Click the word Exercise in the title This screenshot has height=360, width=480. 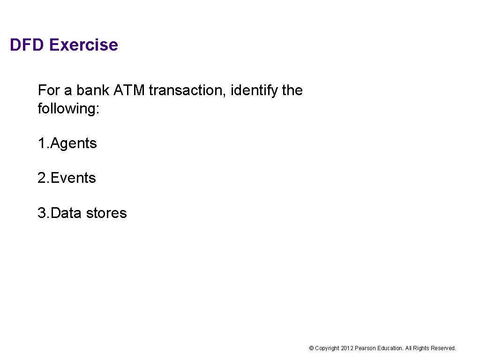coord(83,45)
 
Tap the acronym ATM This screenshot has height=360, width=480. coord(129,90)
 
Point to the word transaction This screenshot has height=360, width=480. coord(187,90)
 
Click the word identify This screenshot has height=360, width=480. coord(255,90)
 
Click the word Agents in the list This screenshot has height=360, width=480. coord(74,143)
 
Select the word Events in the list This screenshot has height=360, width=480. coord(73,178)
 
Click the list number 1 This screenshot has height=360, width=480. coord(42,143)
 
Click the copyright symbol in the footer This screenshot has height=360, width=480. coord(311,348)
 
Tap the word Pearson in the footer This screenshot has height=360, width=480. coord(365,348)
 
